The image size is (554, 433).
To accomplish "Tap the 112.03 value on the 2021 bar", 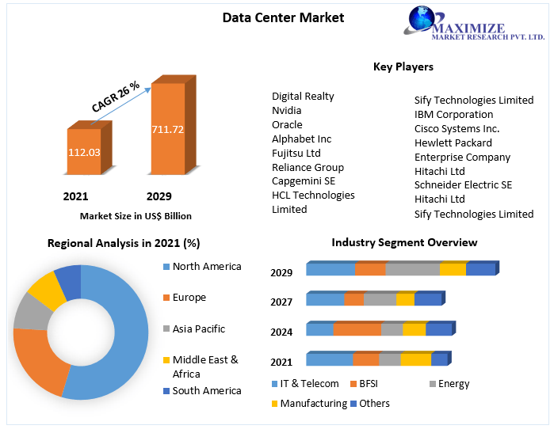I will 83,151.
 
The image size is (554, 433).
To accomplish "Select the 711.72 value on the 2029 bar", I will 167,129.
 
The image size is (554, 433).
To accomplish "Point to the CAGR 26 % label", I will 116,96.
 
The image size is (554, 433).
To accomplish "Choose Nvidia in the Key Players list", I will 287,110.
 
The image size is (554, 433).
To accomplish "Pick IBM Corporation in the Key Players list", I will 453,114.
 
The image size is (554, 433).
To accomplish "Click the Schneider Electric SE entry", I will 463,184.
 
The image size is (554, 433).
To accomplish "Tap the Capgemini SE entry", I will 303,180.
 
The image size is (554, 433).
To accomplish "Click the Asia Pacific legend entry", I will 198,329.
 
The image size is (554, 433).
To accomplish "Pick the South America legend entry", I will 206,390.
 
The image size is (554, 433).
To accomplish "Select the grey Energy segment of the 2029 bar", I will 412,269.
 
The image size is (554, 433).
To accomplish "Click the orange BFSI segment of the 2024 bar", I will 357,329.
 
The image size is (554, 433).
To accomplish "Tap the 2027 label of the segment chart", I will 281,302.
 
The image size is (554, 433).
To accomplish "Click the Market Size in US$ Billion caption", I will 136,215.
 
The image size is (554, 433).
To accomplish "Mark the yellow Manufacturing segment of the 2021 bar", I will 415,360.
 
